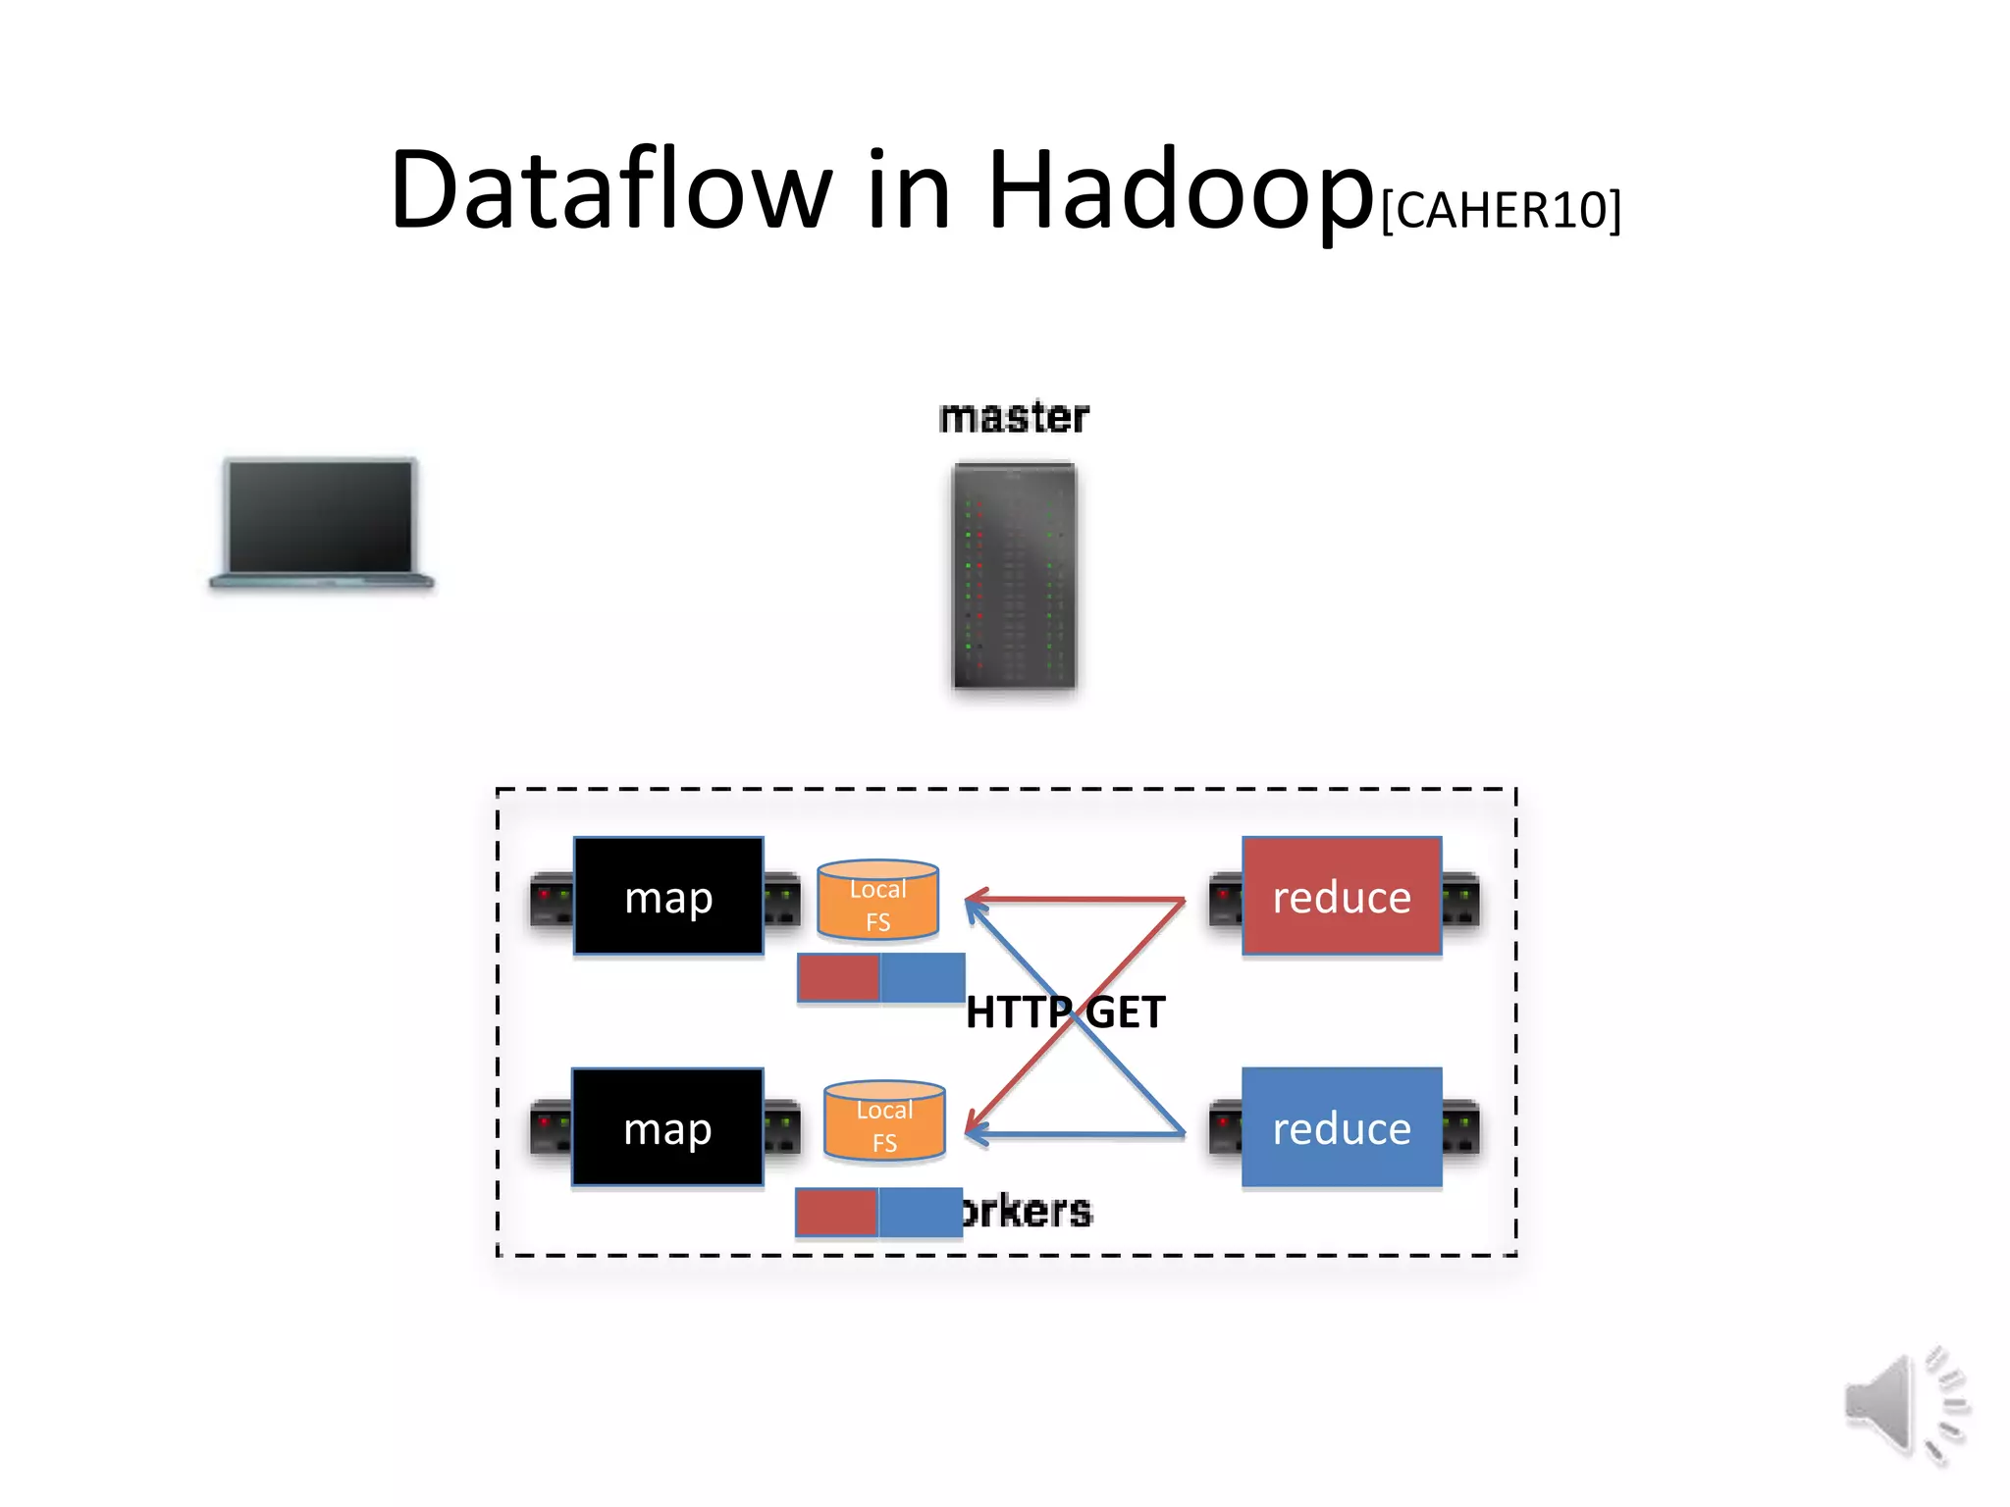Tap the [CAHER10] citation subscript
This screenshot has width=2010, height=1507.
(1501, 210)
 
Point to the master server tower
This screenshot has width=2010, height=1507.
(1014, 575)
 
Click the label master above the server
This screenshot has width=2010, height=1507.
(1014, 418)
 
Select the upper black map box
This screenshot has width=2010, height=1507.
(668, 896)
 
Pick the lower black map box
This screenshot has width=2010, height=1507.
(667, 1127)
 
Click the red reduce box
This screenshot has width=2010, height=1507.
(1342, 896)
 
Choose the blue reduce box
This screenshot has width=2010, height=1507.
(1342, 1127)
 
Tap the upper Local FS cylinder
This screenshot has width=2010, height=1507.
(878, 900)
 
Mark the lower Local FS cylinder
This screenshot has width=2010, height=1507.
(884, 1121)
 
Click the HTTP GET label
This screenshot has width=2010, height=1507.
(1065, 1013)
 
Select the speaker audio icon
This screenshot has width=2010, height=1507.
(1904, 1405)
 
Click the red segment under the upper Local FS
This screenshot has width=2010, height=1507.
(839, 978)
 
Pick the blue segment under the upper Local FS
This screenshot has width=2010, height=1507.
(923, 978)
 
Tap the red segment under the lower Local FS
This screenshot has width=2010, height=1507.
(836, 1212)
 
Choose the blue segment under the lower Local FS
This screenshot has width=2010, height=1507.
(920, 1212)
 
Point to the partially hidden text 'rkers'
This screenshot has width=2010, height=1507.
(1028, 1212)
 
